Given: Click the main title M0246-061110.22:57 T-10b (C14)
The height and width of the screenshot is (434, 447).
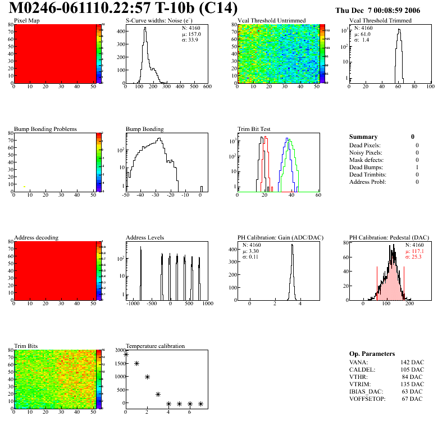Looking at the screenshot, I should pos(124,9).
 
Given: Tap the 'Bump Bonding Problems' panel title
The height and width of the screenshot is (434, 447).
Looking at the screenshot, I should pos(45,129).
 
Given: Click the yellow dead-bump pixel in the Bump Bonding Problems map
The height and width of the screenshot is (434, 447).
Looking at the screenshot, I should pos(24,186).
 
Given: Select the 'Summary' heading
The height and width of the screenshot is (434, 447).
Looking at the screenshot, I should pos(363,137).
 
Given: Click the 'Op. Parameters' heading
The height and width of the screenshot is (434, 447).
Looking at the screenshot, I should pos(372,354).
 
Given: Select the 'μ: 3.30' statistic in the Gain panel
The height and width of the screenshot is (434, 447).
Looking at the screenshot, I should pos(251,251).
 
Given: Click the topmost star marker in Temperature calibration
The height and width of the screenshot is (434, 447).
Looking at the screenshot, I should pos(126,354).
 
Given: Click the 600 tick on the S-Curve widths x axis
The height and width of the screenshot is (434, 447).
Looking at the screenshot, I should pos(207,87).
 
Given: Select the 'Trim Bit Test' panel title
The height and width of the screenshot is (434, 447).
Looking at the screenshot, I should pos(254,129).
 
